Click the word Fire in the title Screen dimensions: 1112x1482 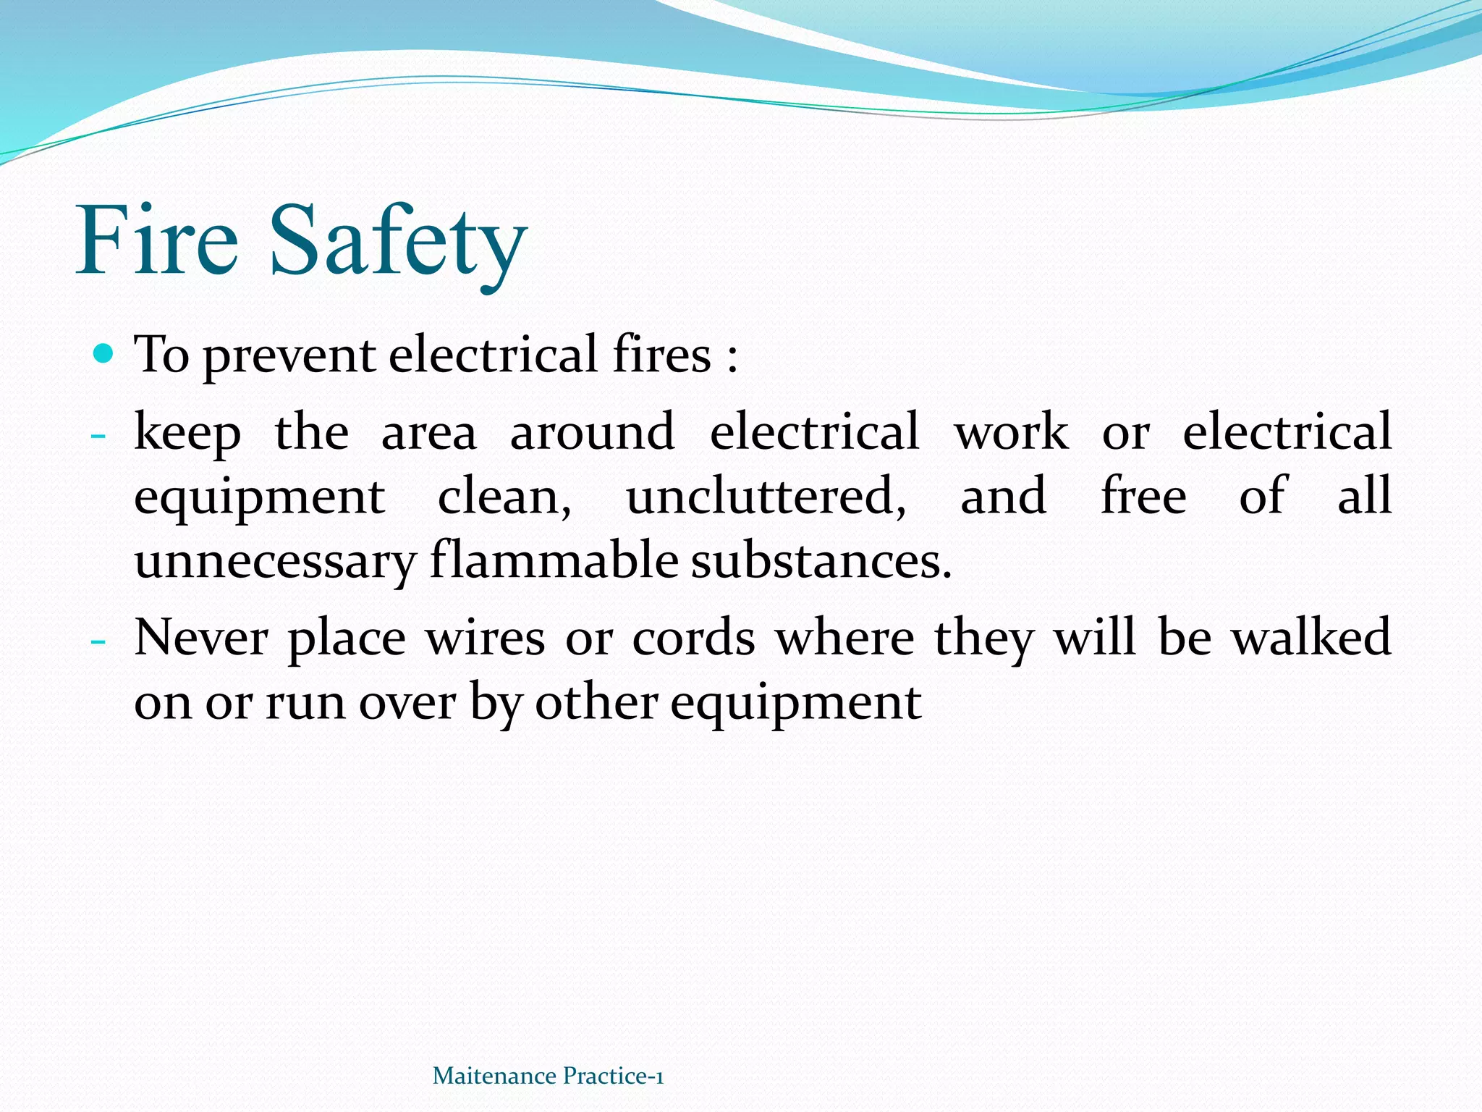coord(157,240)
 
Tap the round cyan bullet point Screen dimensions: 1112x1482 coord(104,354)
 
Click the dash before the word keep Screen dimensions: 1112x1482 coord(98,436)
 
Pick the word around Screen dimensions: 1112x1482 coord(592,431)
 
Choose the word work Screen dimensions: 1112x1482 coord(1011,431)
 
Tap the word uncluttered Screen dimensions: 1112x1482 coord(766,497)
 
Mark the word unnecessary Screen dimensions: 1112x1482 coord(275,562)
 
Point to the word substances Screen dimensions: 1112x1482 coord(821,562)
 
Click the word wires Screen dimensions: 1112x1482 coord(485,639)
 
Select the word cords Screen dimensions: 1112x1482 coord(693,639)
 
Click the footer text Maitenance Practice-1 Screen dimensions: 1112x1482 coord(548,1076)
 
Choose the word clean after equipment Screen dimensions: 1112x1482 coord(504,497)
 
